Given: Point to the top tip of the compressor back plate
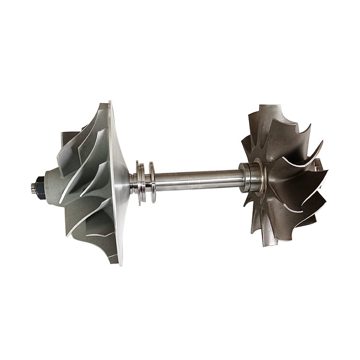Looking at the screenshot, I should click(110, 103).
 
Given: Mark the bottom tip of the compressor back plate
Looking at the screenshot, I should click(120, 263).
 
